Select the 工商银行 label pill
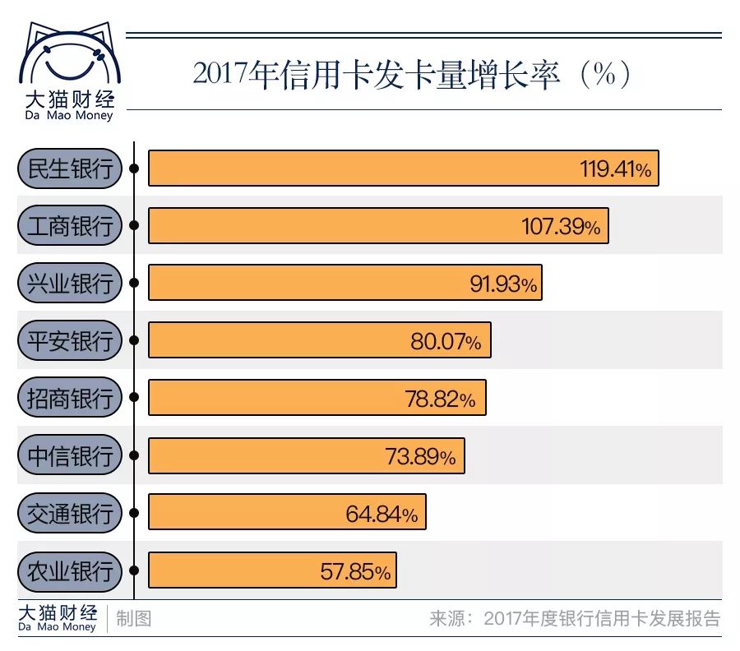coord(69,226)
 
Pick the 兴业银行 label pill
coord(69,284)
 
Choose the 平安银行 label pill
coord(69,340)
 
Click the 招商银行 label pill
coord(69,398)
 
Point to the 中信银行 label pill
coord(69,455)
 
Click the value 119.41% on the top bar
coord(615,169)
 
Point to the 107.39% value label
coord(561,227)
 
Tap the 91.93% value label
coord(503,284)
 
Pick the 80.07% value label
coord(446,341)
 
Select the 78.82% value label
coord(440,399)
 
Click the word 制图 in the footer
coord(133,618)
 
